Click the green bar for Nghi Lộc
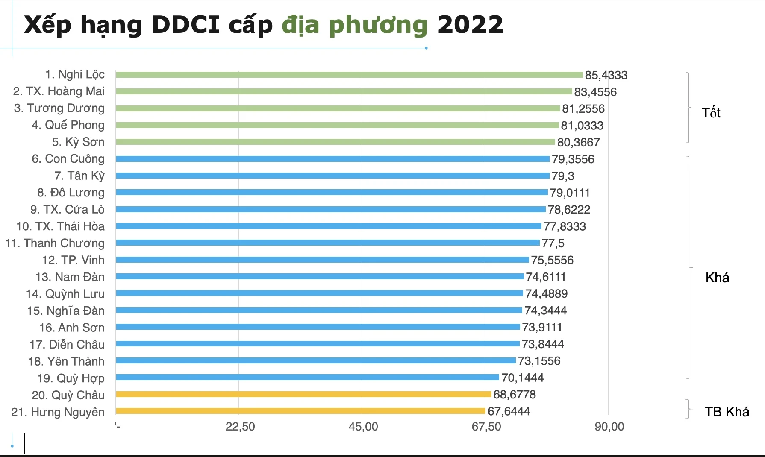[349, 75]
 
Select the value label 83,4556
[595, 92]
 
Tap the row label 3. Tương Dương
[59, 108]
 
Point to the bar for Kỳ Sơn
[335, 142]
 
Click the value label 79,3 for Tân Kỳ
[562, 176]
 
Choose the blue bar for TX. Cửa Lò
[331, 209]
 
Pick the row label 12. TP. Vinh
[73, 260]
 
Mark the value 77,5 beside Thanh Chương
[553, 243]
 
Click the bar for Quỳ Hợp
[307, 378]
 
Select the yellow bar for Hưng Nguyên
[300, 411]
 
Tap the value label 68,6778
[514, 395]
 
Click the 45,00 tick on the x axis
[363, 427]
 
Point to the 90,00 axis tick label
[609, 427]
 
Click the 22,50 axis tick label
[240, 427]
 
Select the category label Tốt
[711, 113]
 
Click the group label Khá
[717, 278]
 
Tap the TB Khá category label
[727, 412]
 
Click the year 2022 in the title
[470, 25]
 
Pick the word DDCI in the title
[185, 25]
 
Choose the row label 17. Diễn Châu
[67, 344]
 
